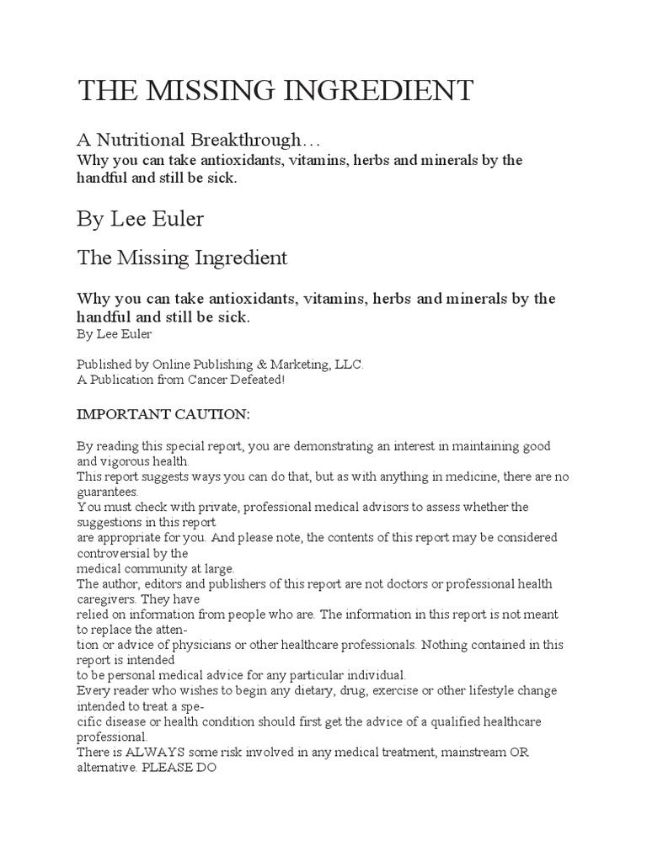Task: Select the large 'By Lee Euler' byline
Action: [140, 220]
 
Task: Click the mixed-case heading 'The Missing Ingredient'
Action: [182, 258]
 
